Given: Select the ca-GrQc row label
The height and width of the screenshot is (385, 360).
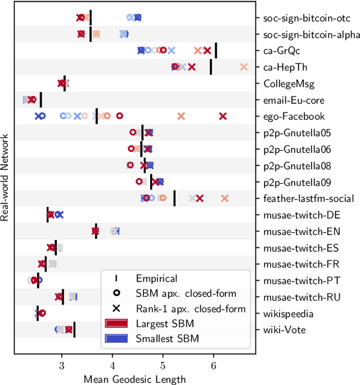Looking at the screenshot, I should pos(281,51).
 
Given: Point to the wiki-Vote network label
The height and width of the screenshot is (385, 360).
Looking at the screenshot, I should pos(285,330).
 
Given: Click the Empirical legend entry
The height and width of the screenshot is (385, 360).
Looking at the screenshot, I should pos(156,278).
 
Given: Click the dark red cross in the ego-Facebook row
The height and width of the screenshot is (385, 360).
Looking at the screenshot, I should pos(223,116).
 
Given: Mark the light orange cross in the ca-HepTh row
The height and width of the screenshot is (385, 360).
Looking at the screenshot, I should pos(244,67).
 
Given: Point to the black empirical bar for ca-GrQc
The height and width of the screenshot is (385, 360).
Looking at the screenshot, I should pos(216,51).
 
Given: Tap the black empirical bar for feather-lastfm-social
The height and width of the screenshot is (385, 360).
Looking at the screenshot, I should pos(174,198).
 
